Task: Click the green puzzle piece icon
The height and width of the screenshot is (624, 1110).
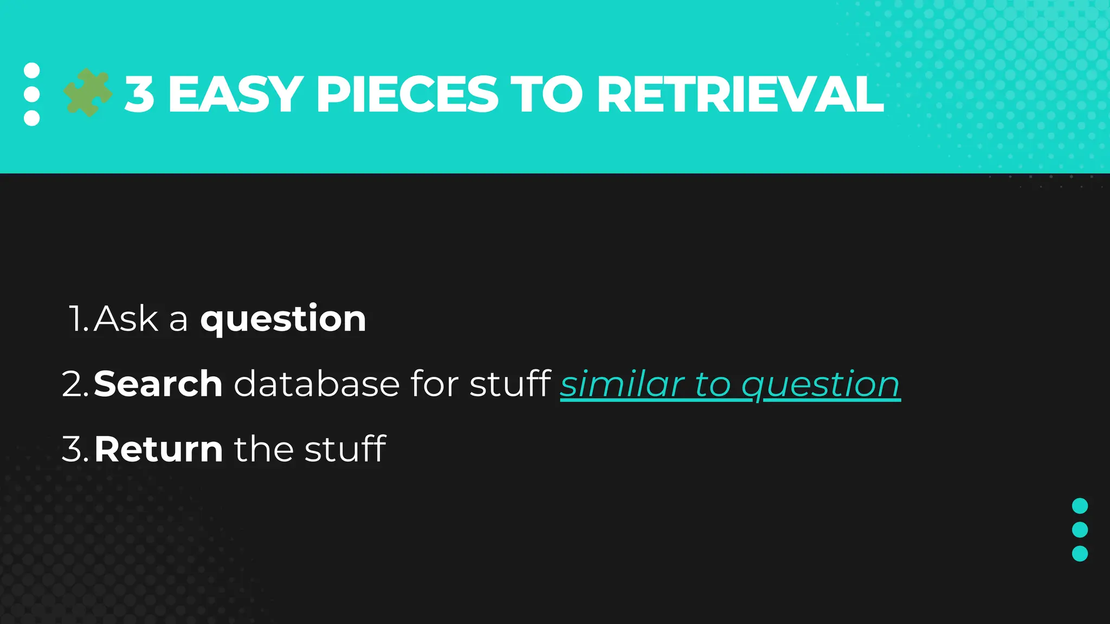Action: tap(87, 93)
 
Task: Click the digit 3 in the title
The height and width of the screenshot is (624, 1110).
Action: tap(139, 94)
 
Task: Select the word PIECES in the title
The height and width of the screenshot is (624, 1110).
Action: tap(406, 94)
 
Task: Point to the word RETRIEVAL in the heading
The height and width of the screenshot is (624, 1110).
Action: tap(740, 94)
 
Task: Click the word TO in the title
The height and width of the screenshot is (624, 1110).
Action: tap(547, 94)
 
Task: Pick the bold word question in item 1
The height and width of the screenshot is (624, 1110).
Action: tap(283, 318)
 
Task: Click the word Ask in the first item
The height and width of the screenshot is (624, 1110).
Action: tap(126, 318)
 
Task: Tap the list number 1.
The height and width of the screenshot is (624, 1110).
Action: tap(78, 318)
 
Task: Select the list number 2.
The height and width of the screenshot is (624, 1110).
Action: tap(74, 384)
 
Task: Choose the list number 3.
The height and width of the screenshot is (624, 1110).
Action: tap(74, 449)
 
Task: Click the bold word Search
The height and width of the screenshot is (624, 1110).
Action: tap(158, 384)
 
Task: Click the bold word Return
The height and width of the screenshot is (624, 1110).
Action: tap(158, 449)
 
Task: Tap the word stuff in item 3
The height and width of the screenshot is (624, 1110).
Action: tap(345, 449)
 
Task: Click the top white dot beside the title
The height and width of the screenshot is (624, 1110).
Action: tap(32, 70)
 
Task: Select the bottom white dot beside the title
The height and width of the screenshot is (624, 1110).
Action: tap(32, 118)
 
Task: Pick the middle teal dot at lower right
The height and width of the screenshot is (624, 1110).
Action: tap(1080, 530)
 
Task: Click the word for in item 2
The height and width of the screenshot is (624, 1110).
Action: tap(435, 384)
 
